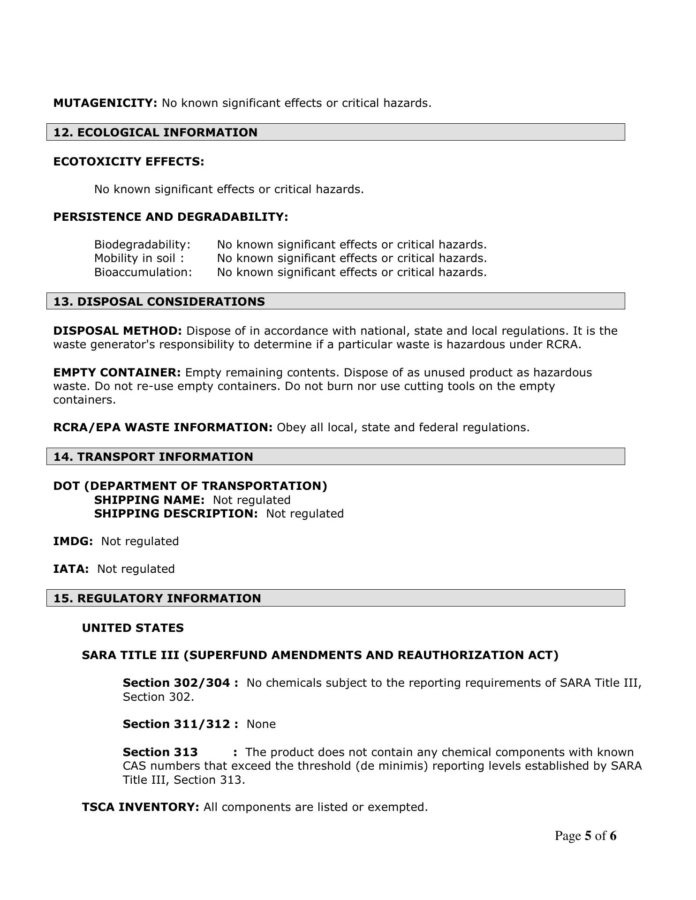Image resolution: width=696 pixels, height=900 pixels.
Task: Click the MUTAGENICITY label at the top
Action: point(105,103)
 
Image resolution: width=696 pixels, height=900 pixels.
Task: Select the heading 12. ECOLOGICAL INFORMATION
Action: point(155,133)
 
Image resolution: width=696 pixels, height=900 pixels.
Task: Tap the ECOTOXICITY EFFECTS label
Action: point(129,162)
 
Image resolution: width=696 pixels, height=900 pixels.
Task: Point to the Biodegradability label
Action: point(142,245)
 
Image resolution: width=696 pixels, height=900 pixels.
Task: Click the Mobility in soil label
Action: point(139,258)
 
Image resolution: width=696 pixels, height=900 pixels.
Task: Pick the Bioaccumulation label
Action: point(143,272)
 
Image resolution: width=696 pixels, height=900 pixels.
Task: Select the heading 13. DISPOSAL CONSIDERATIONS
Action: point(159,302)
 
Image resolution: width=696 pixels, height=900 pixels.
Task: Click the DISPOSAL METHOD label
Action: point(117,331)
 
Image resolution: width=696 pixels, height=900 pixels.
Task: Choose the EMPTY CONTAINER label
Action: point(117,373)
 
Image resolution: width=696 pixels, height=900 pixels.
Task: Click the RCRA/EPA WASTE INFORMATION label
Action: point(163,427)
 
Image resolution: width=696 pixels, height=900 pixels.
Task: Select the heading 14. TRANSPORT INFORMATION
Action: point(153,457)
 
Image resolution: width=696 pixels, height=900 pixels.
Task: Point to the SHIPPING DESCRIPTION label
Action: point(176,514)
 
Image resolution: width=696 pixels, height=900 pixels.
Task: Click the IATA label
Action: point(71,569)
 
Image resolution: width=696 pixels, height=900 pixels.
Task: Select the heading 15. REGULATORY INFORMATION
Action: point(157,599)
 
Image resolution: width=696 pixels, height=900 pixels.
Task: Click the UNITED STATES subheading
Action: point(133,628)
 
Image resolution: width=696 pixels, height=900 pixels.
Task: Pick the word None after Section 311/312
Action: point(261,724)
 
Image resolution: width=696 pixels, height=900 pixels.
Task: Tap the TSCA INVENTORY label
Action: point(141,807)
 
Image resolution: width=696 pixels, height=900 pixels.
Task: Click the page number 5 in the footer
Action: point(588,836)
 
